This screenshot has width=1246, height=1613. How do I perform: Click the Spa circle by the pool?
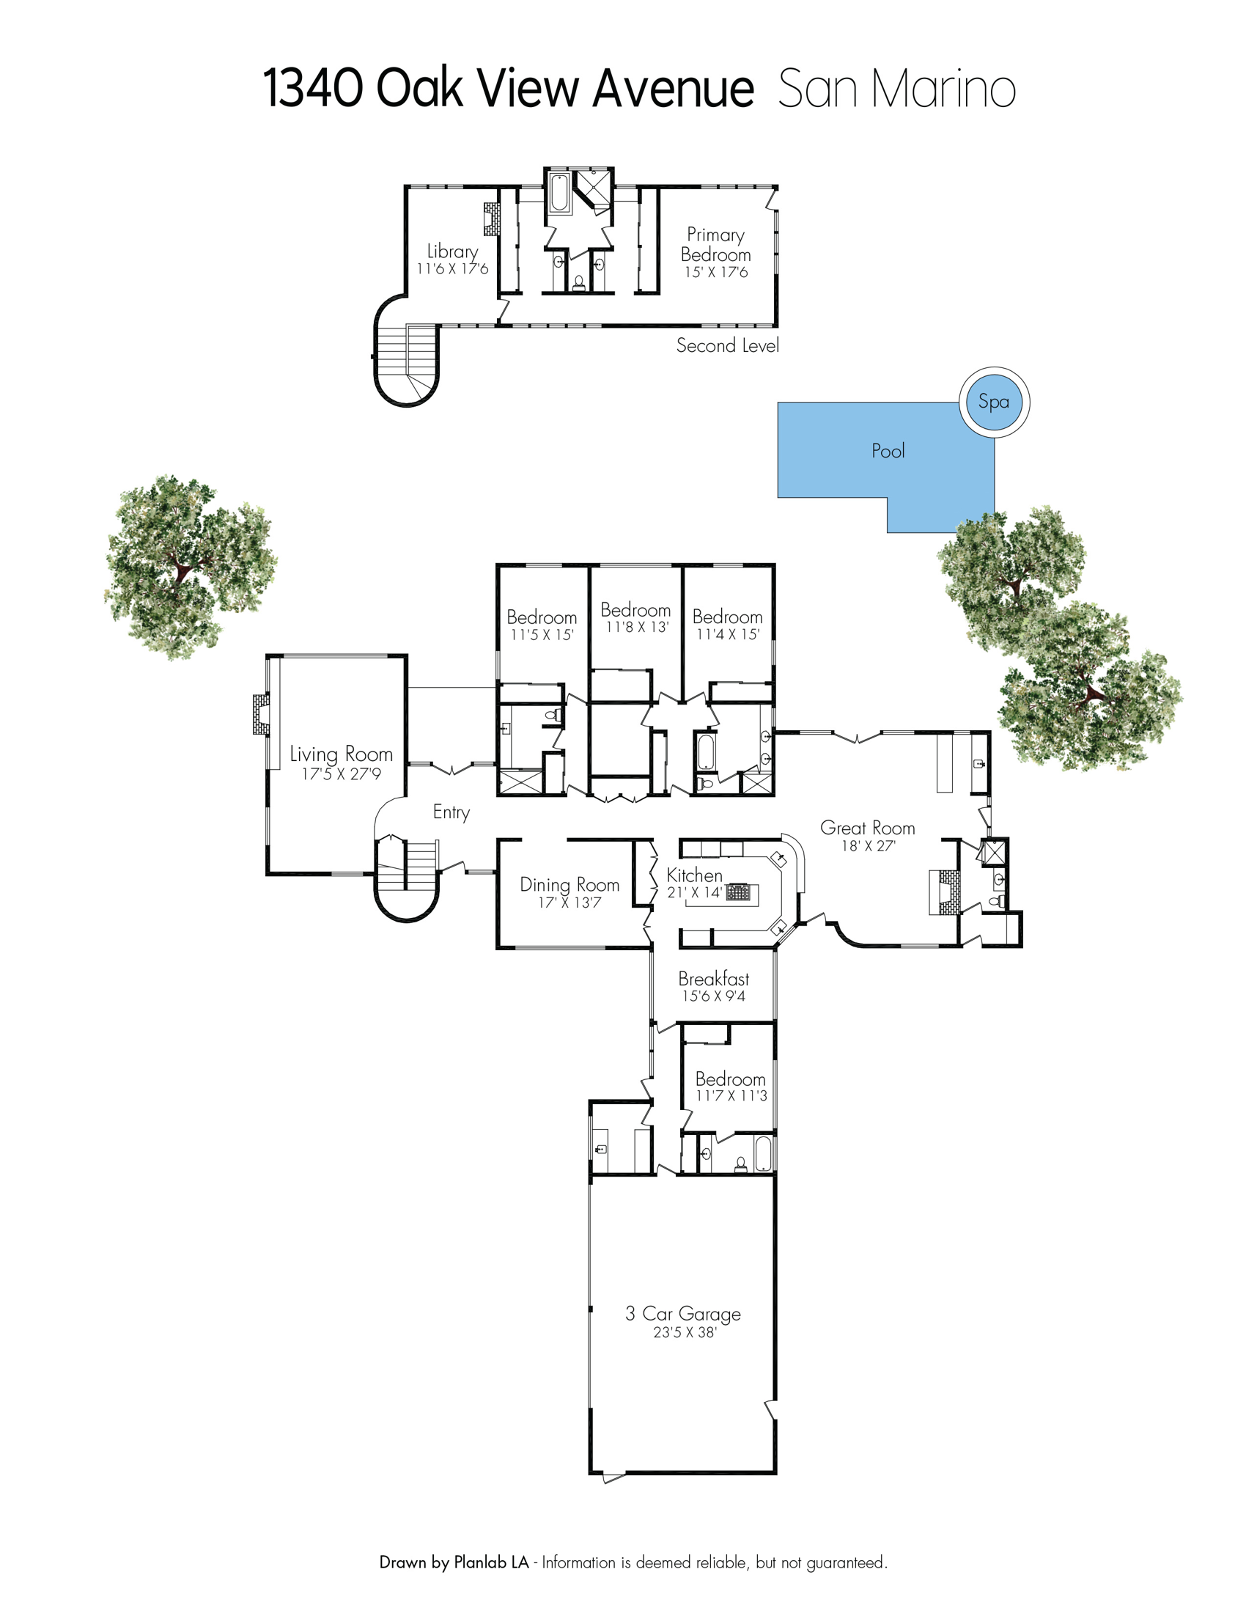coord(994,403)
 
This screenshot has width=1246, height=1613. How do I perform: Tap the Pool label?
coord(888,450)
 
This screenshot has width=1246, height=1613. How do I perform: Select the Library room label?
coord(452,251)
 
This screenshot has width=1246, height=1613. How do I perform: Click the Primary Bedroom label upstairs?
coord(715,244)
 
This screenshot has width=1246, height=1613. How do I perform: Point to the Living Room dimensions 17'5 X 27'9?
coord(341,774)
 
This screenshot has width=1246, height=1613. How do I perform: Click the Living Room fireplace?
coord(260,714)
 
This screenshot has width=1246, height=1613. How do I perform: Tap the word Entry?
coord(451,812)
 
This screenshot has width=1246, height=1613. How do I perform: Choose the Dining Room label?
coord(569,884)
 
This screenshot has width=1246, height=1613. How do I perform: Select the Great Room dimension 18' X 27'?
coord(868,846)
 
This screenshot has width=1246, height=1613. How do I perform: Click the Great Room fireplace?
coord(944,892)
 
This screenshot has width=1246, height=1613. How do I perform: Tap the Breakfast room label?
coord(714,979)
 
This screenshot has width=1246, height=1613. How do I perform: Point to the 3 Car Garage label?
coord(683,1314)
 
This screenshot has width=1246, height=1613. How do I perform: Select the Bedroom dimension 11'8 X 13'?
coord(637,627)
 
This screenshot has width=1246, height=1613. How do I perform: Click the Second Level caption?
coord(727,345)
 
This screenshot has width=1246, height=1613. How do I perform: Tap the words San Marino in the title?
coord(897,89)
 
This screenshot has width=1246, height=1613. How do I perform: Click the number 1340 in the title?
coord(313,89)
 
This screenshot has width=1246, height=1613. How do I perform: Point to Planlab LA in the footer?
coord(492,1563)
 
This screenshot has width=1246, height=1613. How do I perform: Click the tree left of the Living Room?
coord(191,567)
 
